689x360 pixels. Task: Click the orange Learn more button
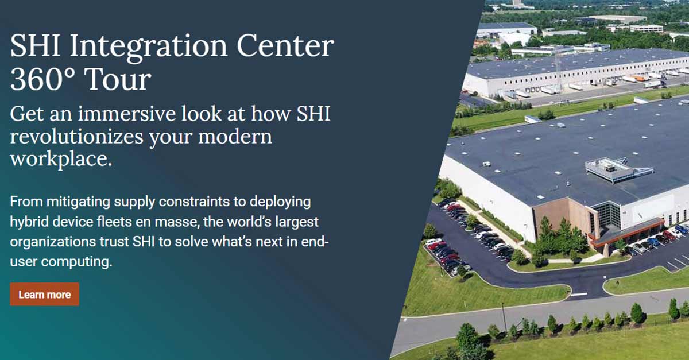point(44,295)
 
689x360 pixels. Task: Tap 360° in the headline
point(40,80)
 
